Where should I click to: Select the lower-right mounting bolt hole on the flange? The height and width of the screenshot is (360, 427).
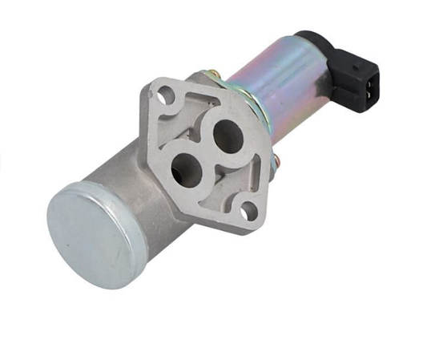click(250, 211)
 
